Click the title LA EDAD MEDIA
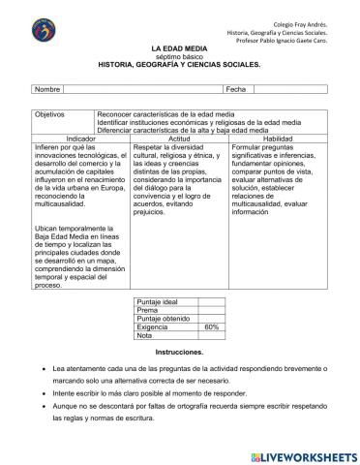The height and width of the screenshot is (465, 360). point(180,46)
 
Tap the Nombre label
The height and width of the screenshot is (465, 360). point(48,89)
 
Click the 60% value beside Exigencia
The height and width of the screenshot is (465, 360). point(211,327)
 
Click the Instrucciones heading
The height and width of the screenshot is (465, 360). point(180,352)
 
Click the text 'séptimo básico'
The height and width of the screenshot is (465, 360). point(180,55)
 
